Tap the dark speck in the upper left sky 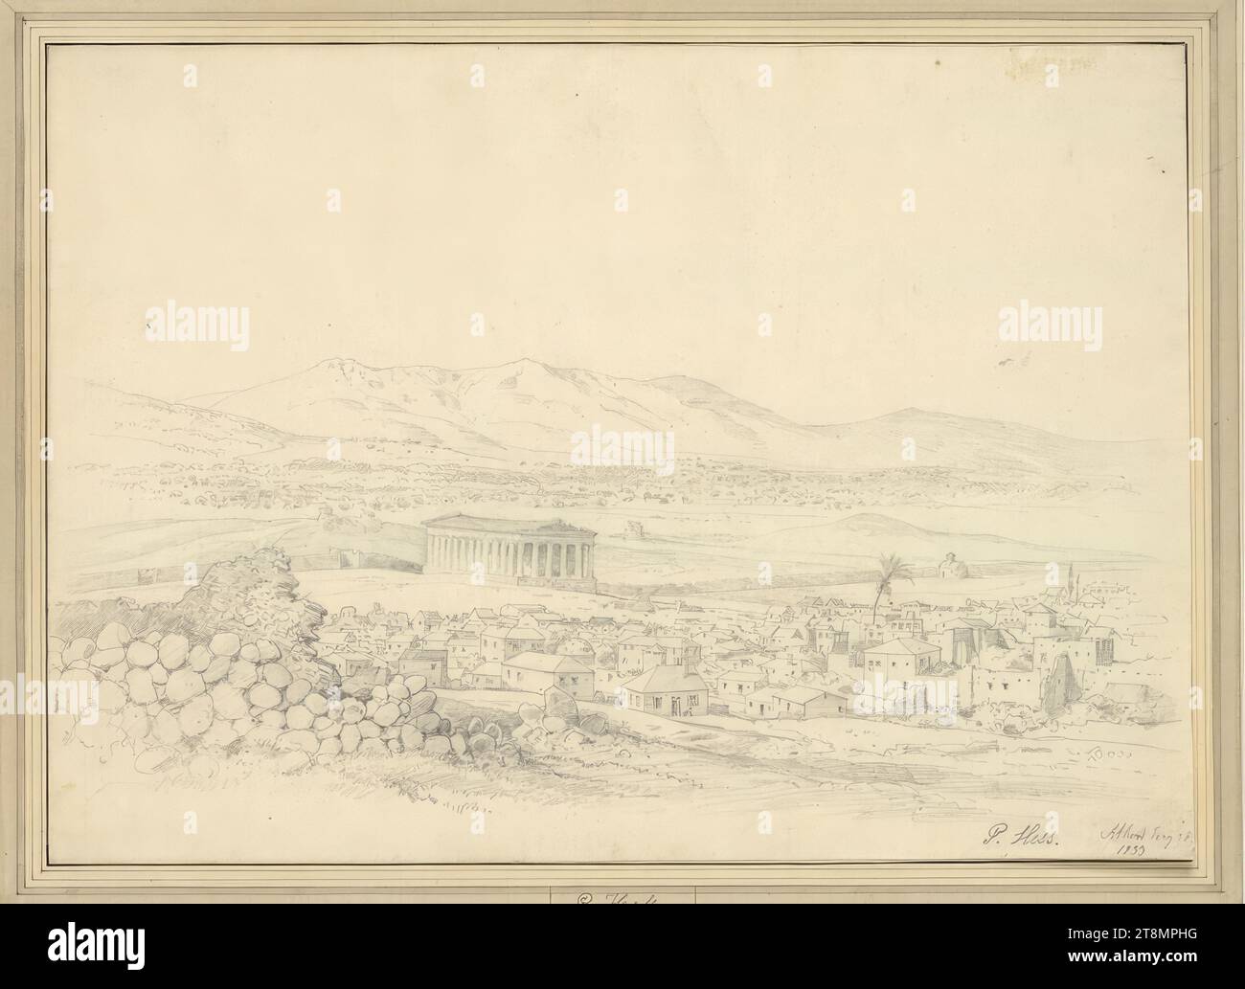click(149, 327)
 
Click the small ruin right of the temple click(633, 528)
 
